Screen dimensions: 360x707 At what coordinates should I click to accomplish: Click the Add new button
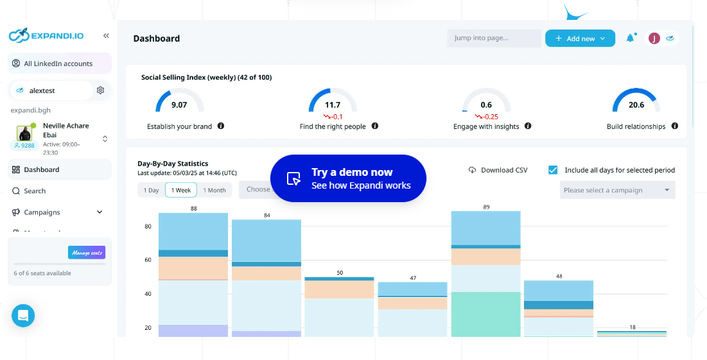click(x=580, y=39)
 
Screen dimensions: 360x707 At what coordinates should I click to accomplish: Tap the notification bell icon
click(x=630, y=39)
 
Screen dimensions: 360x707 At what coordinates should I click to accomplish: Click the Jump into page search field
click(x=494, y=39)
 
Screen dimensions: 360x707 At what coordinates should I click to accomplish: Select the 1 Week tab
click(x=180, y=190)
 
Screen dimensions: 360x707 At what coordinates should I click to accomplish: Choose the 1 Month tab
click(x=214, y=190)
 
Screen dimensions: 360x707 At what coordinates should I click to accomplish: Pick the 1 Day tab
click(x=151, y=190)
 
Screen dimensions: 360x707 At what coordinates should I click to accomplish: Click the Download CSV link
click(x=498, y=170)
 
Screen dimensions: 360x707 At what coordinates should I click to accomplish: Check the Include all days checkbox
click(x=553, y=170)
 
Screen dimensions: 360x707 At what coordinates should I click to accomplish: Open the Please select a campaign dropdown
click(x=617, y=190)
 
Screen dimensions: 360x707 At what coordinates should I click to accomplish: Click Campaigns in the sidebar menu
click(x=42, y=212)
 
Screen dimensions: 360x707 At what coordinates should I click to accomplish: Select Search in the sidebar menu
click(x=35, y=191)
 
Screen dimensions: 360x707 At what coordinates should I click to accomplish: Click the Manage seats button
click(x=87, y=253)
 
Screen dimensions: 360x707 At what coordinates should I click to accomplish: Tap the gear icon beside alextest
click(x=100, y=90)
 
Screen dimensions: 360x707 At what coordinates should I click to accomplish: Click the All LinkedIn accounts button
click(x=58, y=64)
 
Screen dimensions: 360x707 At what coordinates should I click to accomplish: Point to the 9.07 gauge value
click(x=179, y=105)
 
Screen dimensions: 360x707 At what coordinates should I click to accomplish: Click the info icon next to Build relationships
click(x=675, y=126)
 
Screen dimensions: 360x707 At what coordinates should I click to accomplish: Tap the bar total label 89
click(x=486, y=207)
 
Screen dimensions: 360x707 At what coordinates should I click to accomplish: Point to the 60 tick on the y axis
click(x=148, y=260)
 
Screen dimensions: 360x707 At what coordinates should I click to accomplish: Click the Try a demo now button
click(x=348, y=178)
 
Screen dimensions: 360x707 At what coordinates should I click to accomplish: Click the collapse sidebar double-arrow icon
click(x=106, y=36)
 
